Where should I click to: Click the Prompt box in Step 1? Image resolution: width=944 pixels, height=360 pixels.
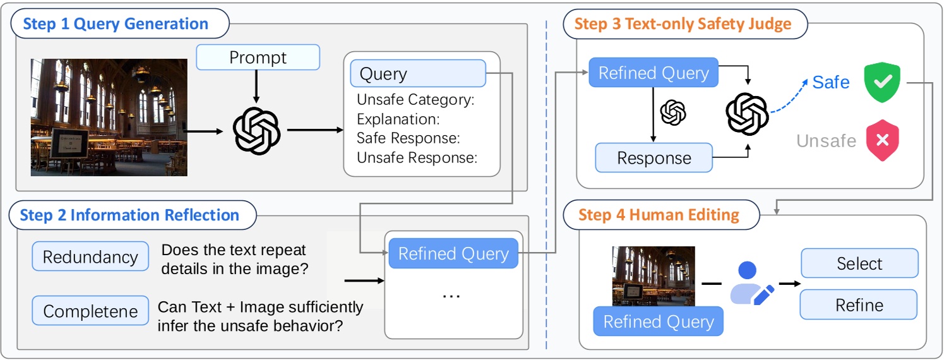(x=258, y=57)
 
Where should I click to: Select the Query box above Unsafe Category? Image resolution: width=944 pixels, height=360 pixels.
(x=417, y=73)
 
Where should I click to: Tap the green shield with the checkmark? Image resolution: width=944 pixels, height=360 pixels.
(x=881, y=82)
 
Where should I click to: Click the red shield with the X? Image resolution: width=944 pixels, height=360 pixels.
(x=881, y=140)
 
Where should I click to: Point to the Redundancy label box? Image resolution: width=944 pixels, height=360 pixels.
(x=90, y=256)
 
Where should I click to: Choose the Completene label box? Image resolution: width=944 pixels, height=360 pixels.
(x=90, y=311)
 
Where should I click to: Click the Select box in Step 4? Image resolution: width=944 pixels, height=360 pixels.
(x=859, y=263)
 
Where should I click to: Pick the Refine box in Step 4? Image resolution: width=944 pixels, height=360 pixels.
(x=859, y=305)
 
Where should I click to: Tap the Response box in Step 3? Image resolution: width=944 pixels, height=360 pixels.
(x=654, y=158)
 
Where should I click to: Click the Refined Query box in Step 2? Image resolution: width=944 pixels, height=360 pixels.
(x=453, y=254)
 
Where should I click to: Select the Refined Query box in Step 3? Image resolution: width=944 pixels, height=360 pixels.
(x=654, y=73)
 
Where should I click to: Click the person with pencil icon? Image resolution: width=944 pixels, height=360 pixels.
(x=750, y=284)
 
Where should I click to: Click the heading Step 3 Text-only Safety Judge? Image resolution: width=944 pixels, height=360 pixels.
(x=683, y=25)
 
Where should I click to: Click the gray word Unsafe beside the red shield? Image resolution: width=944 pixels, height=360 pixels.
(x=826, y=140)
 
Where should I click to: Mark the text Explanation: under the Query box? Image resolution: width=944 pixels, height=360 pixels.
(x=398, y=119)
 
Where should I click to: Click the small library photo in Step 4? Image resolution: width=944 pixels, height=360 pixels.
(x=654, y=276)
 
